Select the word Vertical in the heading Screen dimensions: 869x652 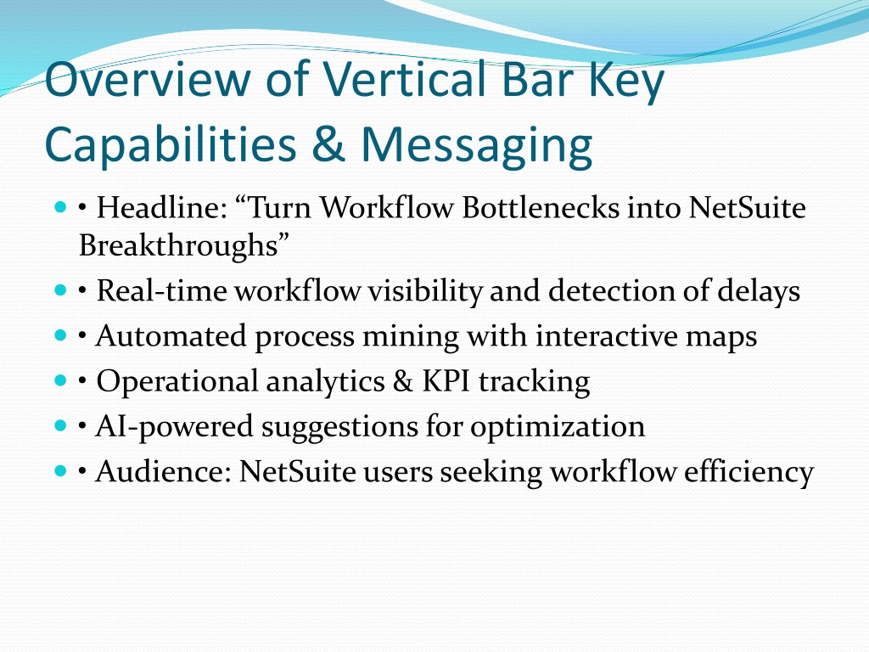[406, 78]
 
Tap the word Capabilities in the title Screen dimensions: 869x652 [171, 145]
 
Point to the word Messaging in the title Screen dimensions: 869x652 [477, 145]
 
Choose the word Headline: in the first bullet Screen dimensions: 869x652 [162, 208]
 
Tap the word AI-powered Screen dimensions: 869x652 [174, 427]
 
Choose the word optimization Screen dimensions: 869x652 [558, 427]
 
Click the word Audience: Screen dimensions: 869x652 [163, 472]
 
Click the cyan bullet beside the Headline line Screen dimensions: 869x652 [60, 207]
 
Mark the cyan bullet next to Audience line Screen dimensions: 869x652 [60, 471]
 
